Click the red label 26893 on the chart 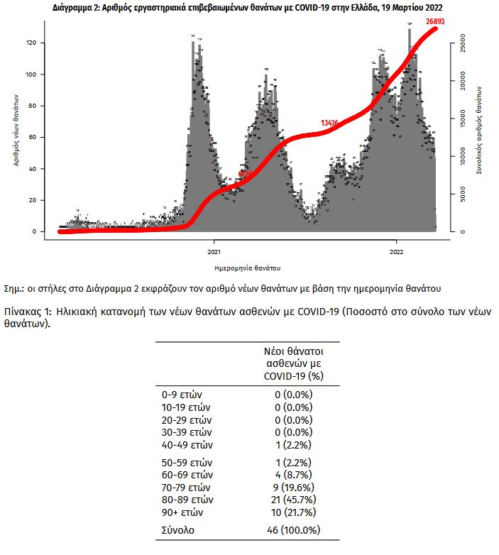440,23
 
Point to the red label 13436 329,123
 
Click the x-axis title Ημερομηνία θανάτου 247,268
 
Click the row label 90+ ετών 183,512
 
